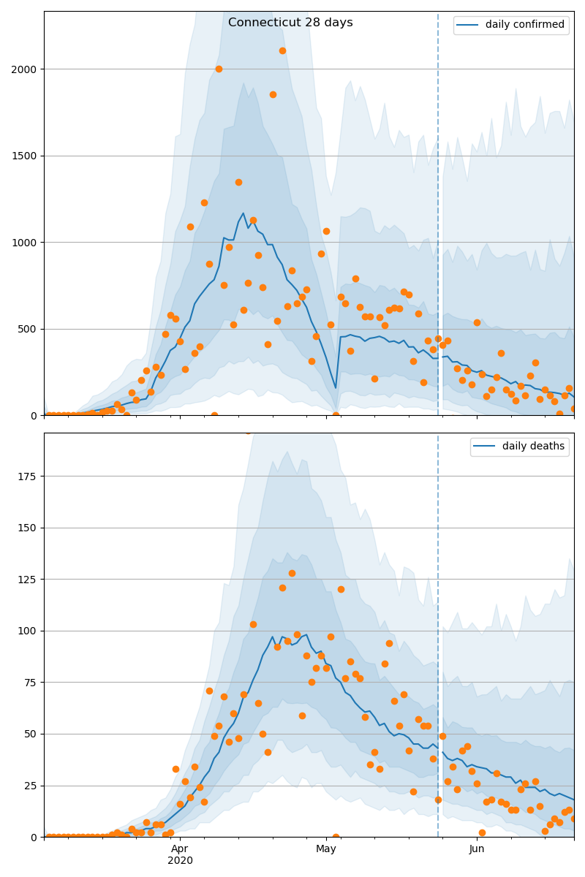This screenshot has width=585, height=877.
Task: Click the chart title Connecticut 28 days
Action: point(290,23)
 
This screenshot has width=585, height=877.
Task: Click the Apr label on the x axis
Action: point(180,848)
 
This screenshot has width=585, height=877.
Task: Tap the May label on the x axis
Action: point(326,848)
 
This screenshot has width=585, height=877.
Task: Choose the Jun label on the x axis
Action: point(477,848)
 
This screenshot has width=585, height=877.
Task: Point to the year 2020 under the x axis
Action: point(180,860)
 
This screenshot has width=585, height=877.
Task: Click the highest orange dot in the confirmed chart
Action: point(282,50)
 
